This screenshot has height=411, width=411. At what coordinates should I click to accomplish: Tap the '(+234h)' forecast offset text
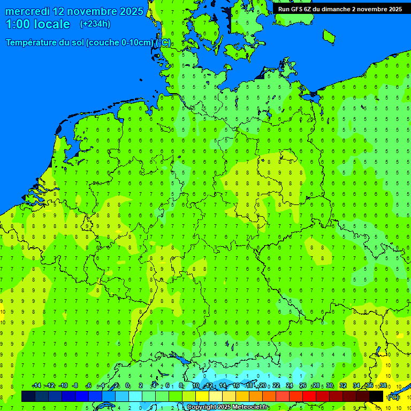pos(95,24)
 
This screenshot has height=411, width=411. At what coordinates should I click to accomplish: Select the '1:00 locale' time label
pos(38,24)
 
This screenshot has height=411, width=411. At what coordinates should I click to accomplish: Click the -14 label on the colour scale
pos(36,386)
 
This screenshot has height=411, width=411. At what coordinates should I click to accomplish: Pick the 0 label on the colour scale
pos(127,386)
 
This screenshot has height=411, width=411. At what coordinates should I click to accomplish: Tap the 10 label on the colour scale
pos(196,386)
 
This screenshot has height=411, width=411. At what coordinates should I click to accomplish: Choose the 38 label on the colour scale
pos(383,386)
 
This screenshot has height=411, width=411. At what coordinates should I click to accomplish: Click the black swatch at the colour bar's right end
pos(376,396)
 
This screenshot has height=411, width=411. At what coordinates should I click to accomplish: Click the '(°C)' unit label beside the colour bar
pos(393,397)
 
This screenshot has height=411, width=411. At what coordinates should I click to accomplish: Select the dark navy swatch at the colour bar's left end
pos(28,396)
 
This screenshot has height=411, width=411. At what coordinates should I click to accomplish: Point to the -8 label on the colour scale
pos(75,386)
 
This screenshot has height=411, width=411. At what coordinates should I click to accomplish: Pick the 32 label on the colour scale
pos(343,386)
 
